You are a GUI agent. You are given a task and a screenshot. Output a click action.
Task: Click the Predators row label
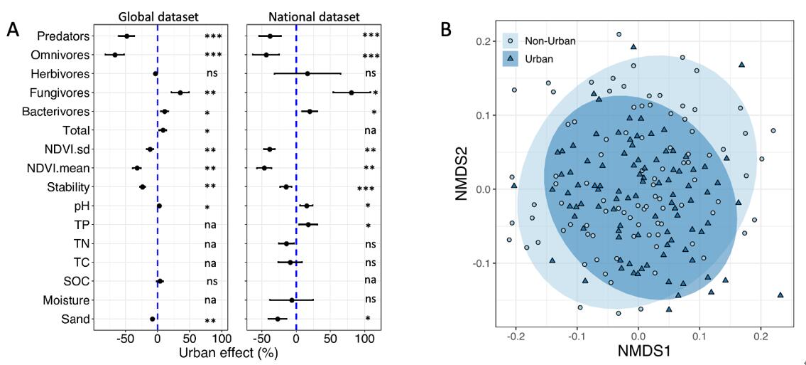(x=65, y=36)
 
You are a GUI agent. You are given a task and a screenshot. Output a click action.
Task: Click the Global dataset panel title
(x=158, y=15)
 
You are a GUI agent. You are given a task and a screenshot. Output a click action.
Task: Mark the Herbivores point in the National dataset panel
(x=307, y=73)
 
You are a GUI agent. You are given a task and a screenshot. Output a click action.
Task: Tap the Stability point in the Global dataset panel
(x=142, y=187)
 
